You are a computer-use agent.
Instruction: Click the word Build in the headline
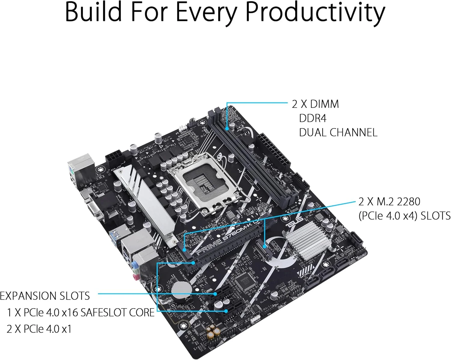click(93, 13)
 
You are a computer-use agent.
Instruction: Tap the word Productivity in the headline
click(316, 13)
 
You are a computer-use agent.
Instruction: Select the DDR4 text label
click(312, 118)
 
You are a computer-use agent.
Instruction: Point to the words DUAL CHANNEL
click(338, 133)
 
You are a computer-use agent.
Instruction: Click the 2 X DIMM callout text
click(315, 104)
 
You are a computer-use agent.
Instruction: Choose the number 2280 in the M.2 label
click(408, 202)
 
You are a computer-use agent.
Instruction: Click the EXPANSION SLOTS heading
click(45, 296)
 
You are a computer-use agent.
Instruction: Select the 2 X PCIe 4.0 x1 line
click(39, 329)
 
